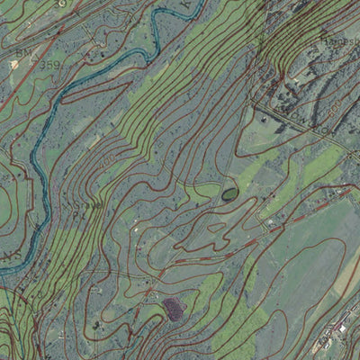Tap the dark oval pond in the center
(x=229, y=193)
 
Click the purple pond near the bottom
(x=173, y=310)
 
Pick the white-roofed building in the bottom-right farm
(x=343, y=328)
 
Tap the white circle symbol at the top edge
(x=61, y=4)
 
